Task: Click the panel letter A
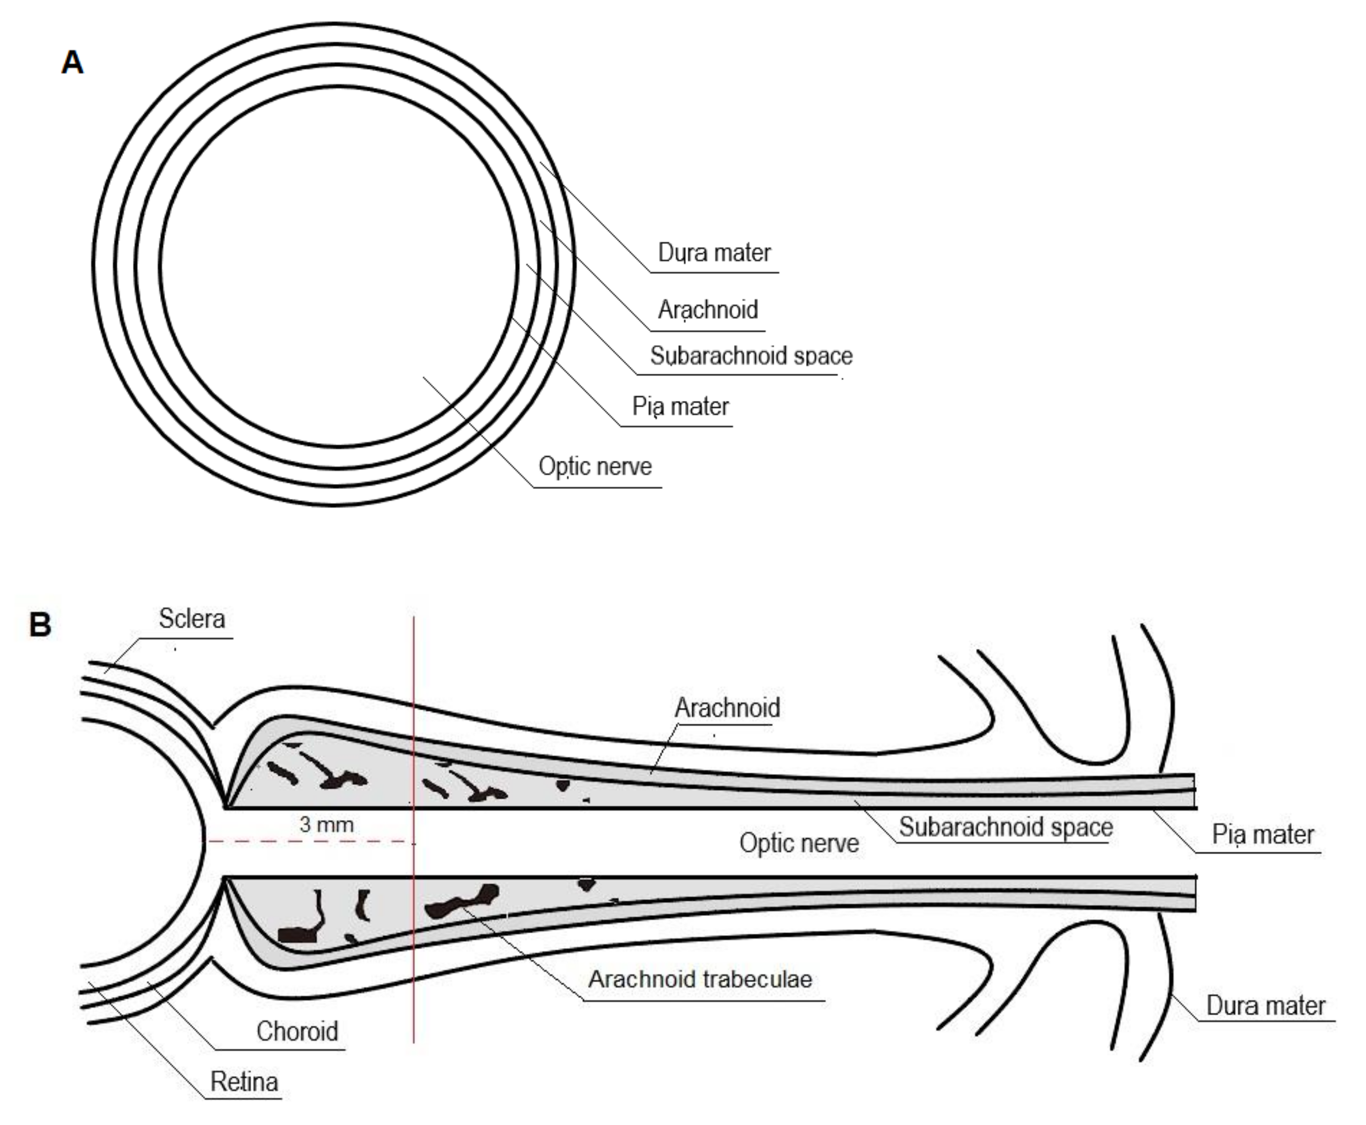[x=72, y=63]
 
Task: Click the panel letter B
[x=40, y=625]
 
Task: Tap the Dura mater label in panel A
[x=714, y=253]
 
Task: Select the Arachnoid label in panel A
[x=708, y=310]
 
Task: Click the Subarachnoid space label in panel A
[x=751, y=356]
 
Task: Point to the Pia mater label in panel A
[x=681, y=407]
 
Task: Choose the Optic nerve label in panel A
[x=595, y=467]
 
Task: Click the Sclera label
[x=192, y=619]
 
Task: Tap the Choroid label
[x=298, y=1031]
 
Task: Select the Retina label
[x=244, y=1082]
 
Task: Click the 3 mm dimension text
[x=327, y=824]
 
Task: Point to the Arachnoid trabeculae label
[x=700, y=979]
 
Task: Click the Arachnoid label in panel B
[x=727, y=708]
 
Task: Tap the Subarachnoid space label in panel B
[x=1006, y=827]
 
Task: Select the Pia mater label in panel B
[x=1262, y=835]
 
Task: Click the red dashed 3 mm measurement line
[x=311, y=842]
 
